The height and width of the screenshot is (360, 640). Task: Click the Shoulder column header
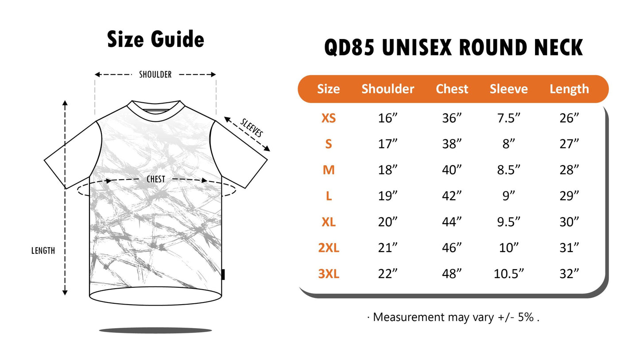click(x=388, y=89)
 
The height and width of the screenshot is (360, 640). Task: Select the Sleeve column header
click(x=508, y=89)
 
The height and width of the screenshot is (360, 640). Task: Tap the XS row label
click(x=329, y=118)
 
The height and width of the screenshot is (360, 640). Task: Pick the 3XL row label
click(x=329, y=274)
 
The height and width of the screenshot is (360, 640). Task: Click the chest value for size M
click(x=452, y=170)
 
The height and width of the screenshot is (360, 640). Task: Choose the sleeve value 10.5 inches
click(x=508, y=274)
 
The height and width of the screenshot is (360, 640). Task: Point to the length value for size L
click(x=569, y=196)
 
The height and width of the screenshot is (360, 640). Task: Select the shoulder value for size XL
click(x=388, y=222)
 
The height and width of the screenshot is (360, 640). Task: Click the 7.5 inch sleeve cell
click(x=508, y=118)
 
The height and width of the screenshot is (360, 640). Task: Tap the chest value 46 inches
click(x=452, y=248)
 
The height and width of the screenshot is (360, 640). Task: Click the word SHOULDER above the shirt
click(x=155, y=74)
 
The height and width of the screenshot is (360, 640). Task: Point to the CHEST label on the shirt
click(x=156, y=179)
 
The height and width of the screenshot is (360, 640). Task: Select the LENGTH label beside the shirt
click(x=43, y=251)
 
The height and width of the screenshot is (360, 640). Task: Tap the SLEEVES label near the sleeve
click(x=252, y=128)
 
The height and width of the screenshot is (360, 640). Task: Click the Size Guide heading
click(x=155, y=39)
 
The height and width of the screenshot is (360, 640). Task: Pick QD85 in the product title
click(x=349, y=47)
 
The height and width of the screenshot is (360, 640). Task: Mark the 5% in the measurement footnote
click(x=526, y=317)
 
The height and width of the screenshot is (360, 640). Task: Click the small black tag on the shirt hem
click(x=223, y=275)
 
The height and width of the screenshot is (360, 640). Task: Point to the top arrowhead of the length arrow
click(x=65, y=103)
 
